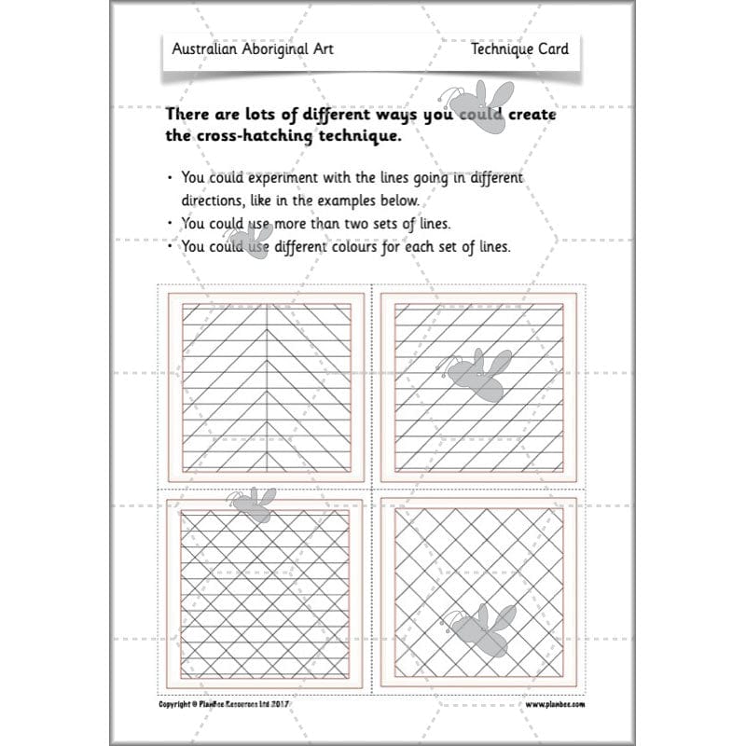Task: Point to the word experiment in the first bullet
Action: coord(266,177)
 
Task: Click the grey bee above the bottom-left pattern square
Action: coord(253,504)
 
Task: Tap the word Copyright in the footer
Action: coord(175,705)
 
